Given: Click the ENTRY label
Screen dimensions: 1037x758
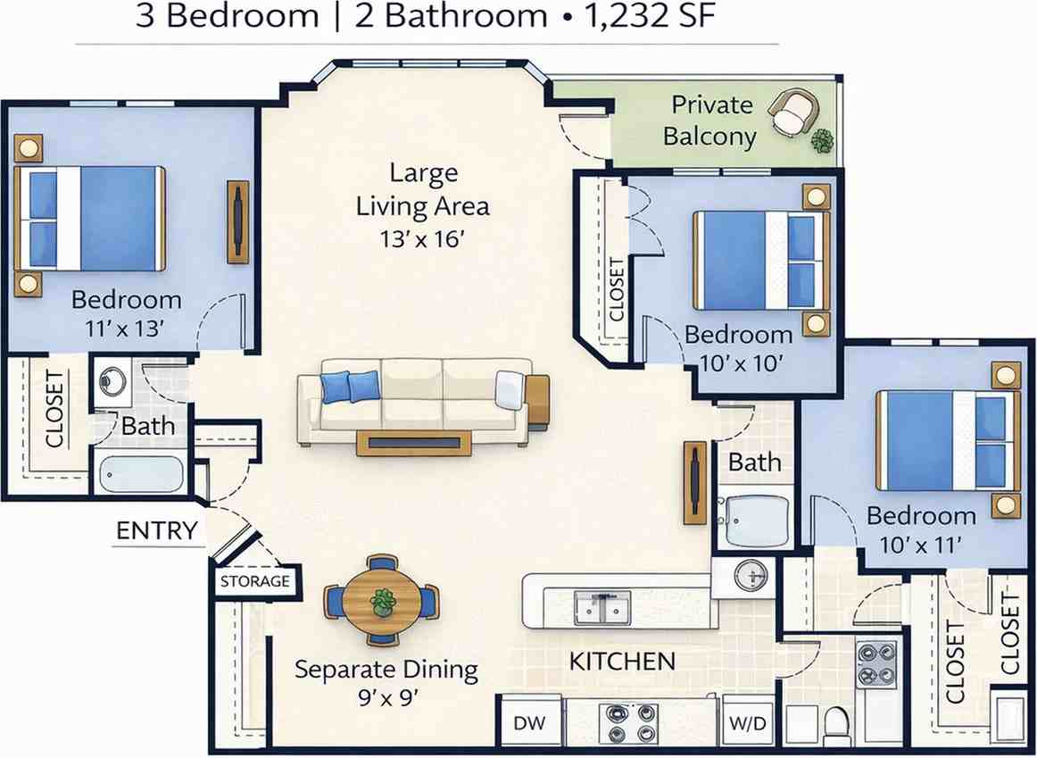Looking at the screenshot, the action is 157,530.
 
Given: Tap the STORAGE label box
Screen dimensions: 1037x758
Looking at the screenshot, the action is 255,581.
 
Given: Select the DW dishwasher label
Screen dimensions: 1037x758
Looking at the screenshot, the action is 530,723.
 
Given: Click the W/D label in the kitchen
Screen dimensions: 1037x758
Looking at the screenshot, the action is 748,723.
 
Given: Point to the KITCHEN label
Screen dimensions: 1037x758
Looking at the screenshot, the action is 622,661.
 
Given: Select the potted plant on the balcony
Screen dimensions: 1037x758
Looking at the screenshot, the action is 822,140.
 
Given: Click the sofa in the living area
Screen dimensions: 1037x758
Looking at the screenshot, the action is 414,401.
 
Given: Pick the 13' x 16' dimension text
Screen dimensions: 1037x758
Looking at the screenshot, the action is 419,238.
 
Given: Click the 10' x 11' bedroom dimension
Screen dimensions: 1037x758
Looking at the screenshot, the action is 920,545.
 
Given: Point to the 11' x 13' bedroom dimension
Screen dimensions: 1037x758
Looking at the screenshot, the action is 124,328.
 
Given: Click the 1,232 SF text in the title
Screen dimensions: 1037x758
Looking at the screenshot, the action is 650,16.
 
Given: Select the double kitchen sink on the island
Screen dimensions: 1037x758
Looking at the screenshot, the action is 601,606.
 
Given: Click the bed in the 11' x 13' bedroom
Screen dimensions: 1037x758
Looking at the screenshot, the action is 89,218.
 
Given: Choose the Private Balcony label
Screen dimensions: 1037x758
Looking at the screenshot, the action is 710,121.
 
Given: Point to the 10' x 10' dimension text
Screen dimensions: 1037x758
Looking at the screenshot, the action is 742,362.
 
